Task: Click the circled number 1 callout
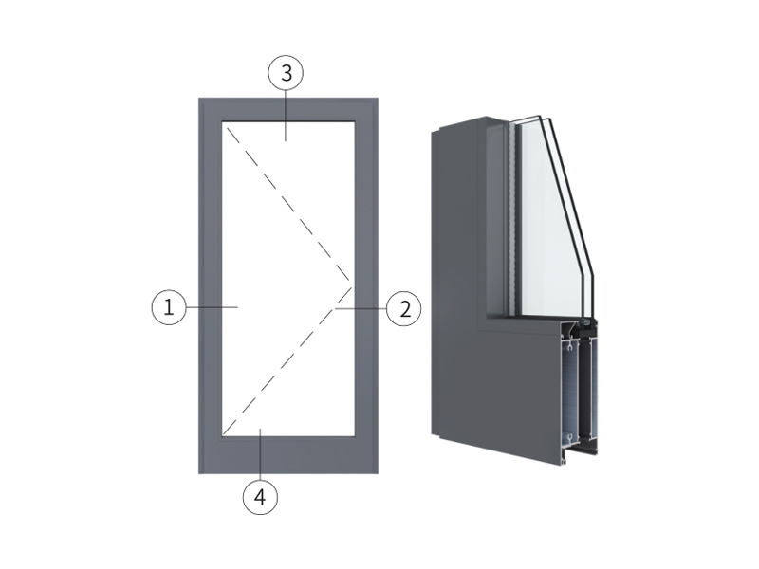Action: pyautogui.click(x=169, y=307)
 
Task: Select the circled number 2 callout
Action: pyautogui.click(x=404, y=308)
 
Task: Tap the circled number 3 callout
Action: pyautogui.click(x=287, y=74)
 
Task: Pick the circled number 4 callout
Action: pyautogui.click(x=260, y=496)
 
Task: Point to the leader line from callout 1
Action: pyautogui.click(x=212, y=307)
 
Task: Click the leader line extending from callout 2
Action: pyautogui.click(x=361, y=308)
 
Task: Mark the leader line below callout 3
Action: pyautogui.click(x=286, y=116)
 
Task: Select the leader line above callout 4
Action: pyautogui.click(x=261, y=454)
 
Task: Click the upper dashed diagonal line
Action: pyautogui.click(x=288, y=204)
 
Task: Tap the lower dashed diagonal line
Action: pyautogui.click(x=287, y=359)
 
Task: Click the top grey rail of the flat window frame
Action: pyautogui.click(x=288, y=109)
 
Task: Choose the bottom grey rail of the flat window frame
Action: pyautogui.click(x=288, y=455)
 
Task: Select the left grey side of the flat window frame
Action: pyautogui.click(x=210, y=285)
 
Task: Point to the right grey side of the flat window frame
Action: pyautogui.click(x=366, y=285)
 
